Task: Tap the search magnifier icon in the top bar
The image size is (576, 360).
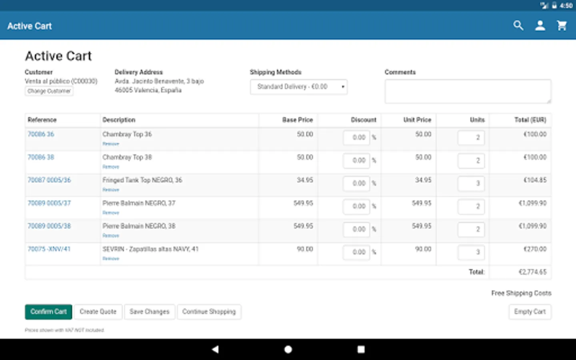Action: pos(518,26)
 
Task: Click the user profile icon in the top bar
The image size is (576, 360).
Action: pos(540,26)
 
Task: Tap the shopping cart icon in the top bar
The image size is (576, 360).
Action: pos(562,26)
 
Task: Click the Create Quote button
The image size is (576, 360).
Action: pos(98,312)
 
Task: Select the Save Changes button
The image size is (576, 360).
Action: pos(149,312)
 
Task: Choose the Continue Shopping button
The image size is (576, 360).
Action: pos(209,312)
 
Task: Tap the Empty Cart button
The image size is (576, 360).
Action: pos(530,312)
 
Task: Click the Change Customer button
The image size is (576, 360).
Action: pos(49,91)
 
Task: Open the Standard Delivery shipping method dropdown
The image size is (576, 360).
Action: pos(298,87)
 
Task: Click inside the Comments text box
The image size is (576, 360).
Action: pos(468,91)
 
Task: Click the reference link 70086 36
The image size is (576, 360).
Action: pos(41,134)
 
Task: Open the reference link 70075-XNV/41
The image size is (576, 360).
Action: pos(49,249)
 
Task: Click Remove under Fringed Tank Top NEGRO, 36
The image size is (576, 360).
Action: pos(111,190)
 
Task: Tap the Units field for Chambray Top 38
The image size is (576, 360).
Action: pos(471,160)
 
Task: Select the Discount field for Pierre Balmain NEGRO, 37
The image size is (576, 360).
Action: pos(356,206)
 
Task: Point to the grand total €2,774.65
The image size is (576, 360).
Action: pos(532,272)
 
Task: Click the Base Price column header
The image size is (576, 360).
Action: pos(297,120)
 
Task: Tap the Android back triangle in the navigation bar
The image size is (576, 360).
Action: pos(215,349)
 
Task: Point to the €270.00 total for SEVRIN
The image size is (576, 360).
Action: pos(535,249)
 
